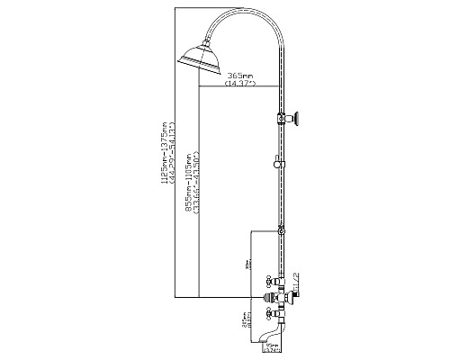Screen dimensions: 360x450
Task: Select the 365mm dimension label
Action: click(238, 75)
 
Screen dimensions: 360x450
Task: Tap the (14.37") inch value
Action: click(238, 84)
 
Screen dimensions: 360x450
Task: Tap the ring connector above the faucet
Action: click(281, 231)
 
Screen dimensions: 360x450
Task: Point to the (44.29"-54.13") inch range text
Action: click(171, 154)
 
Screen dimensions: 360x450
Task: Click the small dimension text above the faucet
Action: click(251, 265)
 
